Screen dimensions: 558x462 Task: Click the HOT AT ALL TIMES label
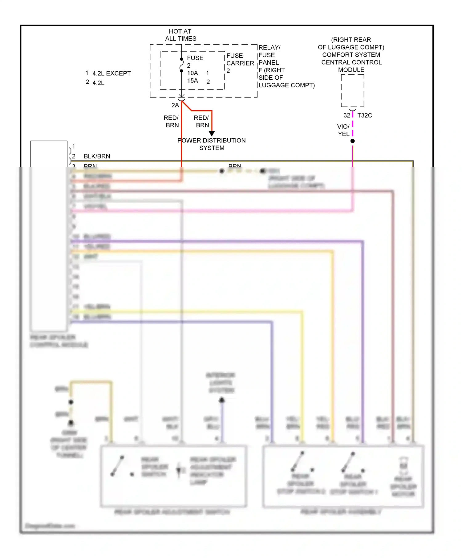tap(180, 35)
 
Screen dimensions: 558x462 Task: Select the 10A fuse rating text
tap(192, 73)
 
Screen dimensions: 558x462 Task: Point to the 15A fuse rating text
tap(192, 81)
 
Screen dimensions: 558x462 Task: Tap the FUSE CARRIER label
tap(240, 60)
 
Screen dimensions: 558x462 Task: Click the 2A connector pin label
tap(175, 106)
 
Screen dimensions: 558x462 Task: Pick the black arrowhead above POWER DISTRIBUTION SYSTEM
tap(212, 134)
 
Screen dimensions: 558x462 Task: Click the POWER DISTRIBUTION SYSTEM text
tap(212, 144)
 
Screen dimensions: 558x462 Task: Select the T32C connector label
tap(365, 115)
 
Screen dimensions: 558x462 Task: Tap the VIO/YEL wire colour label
tap(343, 130)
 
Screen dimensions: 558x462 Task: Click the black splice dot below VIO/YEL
tap(353, 141)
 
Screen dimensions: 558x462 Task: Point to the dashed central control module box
tap(353, 91)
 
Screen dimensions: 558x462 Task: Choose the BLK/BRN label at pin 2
tap(97, 156)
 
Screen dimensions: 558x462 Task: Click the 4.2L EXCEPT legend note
tap(111, 74)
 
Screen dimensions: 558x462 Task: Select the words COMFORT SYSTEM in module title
tap(351, 55)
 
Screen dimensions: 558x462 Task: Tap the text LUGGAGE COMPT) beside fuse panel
tap(286, 85)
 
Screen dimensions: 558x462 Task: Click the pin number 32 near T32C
tap(347, 115)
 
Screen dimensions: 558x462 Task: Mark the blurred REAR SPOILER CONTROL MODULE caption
tap(59, 341)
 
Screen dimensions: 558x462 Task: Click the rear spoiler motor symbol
tap(403, 466)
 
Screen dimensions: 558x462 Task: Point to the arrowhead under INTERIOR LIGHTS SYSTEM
tap(222, 400)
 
